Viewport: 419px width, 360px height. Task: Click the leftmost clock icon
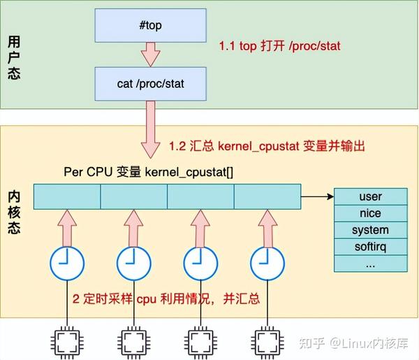[67, 263]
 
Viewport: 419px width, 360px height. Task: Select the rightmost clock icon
[267, 263]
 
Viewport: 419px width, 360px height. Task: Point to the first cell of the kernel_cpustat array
[67, 196]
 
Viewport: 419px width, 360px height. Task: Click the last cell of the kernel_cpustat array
[267, 196]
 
